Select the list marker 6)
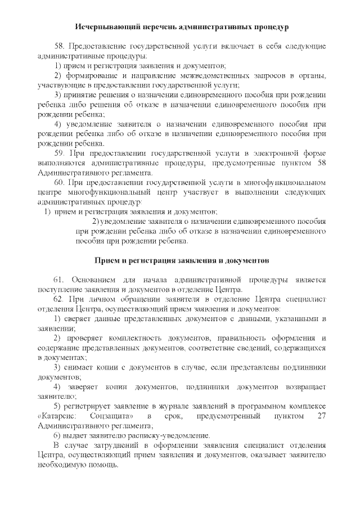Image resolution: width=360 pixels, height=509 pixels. (57, 435)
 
